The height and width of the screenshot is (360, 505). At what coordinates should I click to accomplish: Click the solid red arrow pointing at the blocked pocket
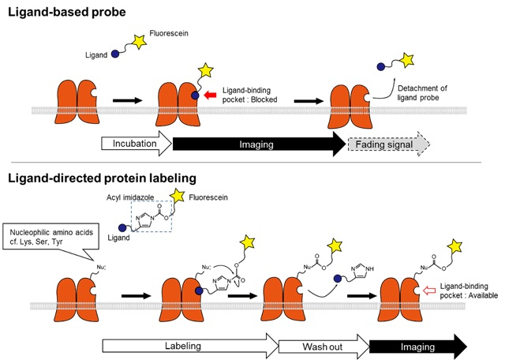point(211,96)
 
